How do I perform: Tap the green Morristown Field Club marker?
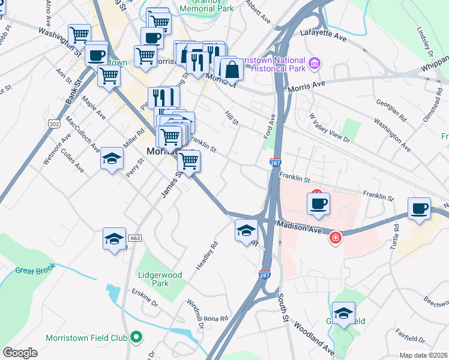pos(136,338)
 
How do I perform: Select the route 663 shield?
pos(134,238)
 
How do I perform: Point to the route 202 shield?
pos(55,124)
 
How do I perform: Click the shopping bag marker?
pos(231,69)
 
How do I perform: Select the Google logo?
pos(20,353)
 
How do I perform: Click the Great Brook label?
pos(35,271)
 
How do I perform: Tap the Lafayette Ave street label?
pos(324,37)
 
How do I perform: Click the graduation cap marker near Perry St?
pos(112,158)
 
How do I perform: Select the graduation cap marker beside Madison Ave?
pos(246,230)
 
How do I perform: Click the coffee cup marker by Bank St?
pos(96,55)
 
